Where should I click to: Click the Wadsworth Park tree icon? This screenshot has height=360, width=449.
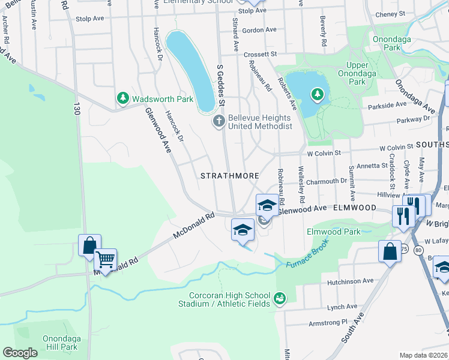click(x=122, y=97)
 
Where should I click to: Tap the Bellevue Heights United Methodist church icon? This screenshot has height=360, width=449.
click(x=219, y=122)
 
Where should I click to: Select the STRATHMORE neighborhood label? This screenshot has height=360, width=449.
click(x=229, y=176)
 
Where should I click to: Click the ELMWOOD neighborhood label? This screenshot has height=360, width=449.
click(x=355, y=208)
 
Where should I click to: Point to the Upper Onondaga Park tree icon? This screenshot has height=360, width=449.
click(x=317, y=94)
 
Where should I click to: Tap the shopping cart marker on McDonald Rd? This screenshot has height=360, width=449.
click(x=106, y=260)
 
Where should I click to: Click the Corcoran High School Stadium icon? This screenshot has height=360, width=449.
click(x=279, y=298)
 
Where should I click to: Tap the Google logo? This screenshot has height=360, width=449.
click(x=20, y=352)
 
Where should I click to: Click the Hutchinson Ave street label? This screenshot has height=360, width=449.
click(x=350, y=281)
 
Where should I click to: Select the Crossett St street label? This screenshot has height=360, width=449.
click(x=260, y=54)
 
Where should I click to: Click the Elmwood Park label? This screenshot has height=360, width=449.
click(x=333, y=231)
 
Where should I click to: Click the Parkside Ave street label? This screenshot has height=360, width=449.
click(x=385, y=105)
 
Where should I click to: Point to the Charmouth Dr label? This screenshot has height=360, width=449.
click(x=327, y=180)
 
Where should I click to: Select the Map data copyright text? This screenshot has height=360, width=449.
click(x=424, y=355)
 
